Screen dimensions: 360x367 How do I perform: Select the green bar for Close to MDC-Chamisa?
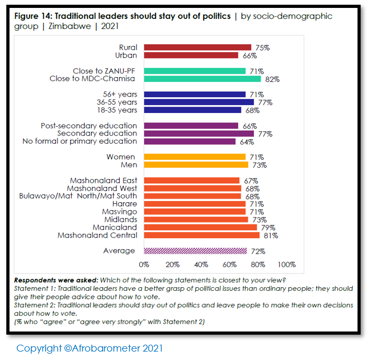(x=202, y=79)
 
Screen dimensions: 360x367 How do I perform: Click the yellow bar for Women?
(x=195, y=157)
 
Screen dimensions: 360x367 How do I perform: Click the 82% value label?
(x=272, y=80)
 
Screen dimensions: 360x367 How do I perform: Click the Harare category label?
(x=124, y=204)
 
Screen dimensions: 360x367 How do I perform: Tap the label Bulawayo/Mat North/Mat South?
(x=78, y=196)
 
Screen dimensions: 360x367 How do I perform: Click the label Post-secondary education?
(x=89, y=126)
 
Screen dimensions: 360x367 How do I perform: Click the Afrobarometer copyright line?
(x=90, y=348)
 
